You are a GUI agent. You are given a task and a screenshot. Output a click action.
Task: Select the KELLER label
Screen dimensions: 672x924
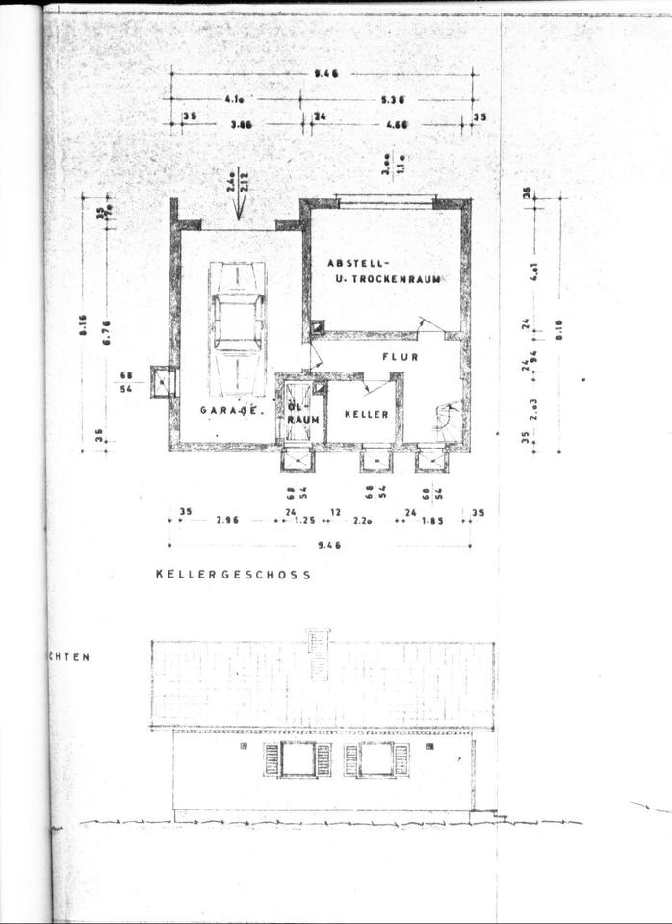(369, 414)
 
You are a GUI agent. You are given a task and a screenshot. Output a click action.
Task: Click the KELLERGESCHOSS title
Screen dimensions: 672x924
(233, 574)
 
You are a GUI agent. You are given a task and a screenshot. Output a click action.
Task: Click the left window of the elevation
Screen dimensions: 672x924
(297, 758)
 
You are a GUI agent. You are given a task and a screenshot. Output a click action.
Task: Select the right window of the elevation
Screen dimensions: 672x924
(376, 758)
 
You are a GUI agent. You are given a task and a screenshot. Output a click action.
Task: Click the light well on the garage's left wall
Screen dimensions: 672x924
(162, 382)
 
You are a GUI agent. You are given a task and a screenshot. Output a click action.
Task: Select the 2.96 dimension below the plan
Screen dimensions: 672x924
(227, 520)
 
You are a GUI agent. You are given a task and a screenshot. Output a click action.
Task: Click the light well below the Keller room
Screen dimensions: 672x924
(376, 460)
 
